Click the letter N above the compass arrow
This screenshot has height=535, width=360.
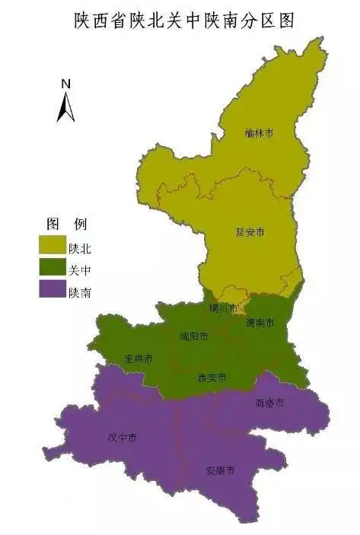point(66,83)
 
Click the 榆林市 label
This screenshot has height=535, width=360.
point(260,133)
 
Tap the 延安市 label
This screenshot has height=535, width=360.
point(249,231)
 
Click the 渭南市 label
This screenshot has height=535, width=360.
point(260,323)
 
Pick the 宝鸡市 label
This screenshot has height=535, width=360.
point(139,358)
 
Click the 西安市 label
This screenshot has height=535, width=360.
point(212,377)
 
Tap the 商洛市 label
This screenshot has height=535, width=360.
point(270,402)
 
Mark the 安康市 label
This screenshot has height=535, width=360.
point(221,470)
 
